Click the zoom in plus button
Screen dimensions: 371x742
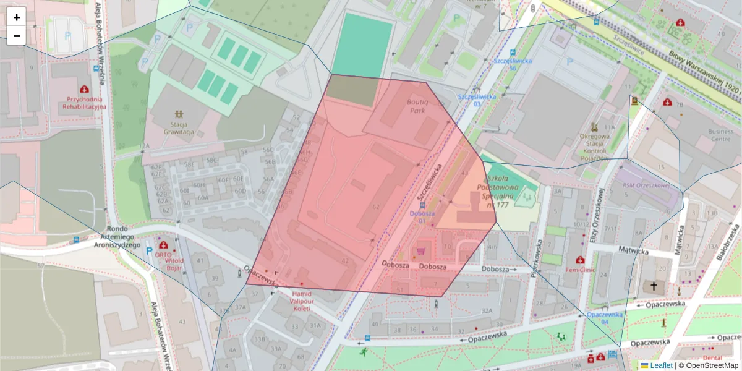tap(17, 17)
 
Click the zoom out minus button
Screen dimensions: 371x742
tap(17, 36)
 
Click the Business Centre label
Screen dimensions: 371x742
tap(720, 135)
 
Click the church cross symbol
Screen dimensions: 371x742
tap(654, 286)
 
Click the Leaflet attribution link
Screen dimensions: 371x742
tap(660, 365)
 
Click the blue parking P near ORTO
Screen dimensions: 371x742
tap(148, 252)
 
